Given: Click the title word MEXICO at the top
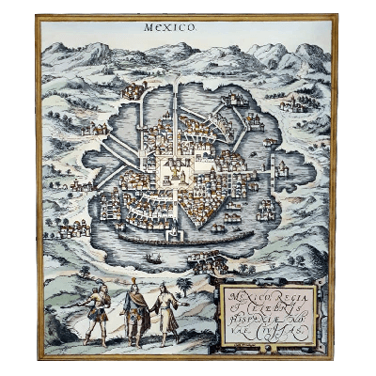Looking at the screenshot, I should (x=170, y=27).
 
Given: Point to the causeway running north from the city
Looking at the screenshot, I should (x=174, y=108).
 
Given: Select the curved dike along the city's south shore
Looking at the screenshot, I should (x=169, y=236).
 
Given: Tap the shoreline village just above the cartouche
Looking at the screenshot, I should (x=209, y=261).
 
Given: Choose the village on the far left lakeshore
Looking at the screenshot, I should (x=71, y=227).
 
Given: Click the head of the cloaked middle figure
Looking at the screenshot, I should (x=133, y=284).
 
